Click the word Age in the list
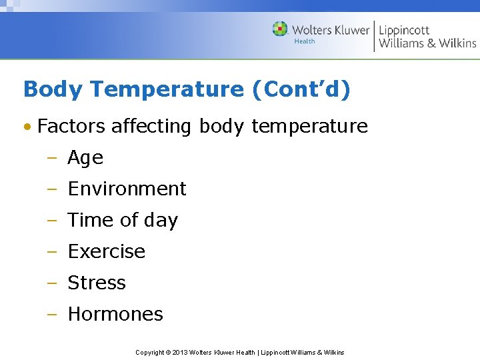click(85, 158)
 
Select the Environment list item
click(127, 189)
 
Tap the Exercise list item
click(106, 251)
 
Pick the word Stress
click(97, 283)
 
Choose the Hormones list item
click(115, 314)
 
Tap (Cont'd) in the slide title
click(301, 89)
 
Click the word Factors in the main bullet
click(71, 126)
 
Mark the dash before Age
click(53, 159)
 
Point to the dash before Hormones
click(53, 315)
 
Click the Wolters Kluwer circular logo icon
click(280, 29)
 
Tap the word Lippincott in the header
click(404, 30)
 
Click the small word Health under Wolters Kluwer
click(305, 41)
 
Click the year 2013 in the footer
click(180, 352)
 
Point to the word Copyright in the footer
click(150, 352)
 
